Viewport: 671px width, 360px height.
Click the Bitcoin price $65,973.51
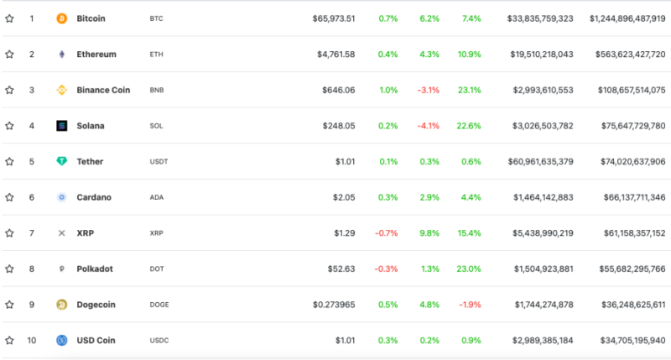(x=334, y=18)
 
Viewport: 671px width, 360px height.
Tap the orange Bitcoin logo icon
(x=61, y=18)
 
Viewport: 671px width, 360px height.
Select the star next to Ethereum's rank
(x=9, y=54)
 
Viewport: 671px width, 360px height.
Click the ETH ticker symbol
(x=156, y=54)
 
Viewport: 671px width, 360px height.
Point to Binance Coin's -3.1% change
(x=429, y=90)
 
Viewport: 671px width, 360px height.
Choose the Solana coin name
(x=91, y=126)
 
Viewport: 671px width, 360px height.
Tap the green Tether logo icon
(x=61, y=161)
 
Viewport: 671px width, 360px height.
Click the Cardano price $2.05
(x=343, y=197)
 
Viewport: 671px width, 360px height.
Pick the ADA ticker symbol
(x=157, y=197)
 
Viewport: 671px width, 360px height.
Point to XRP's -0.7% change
(x=387, y=232)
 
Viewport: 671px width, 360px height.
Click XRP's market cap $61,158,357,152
(x=627, y=232)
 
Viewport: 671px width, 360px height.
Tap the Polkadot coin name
(x=96, y=269)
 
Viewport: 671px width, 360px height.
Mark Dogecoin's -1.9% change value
(x=469, y=305)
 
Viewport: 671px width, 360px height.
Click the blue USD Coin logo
(x=61, y=341)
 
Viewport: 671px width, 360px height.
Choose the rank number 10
(x=32, y=341)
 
